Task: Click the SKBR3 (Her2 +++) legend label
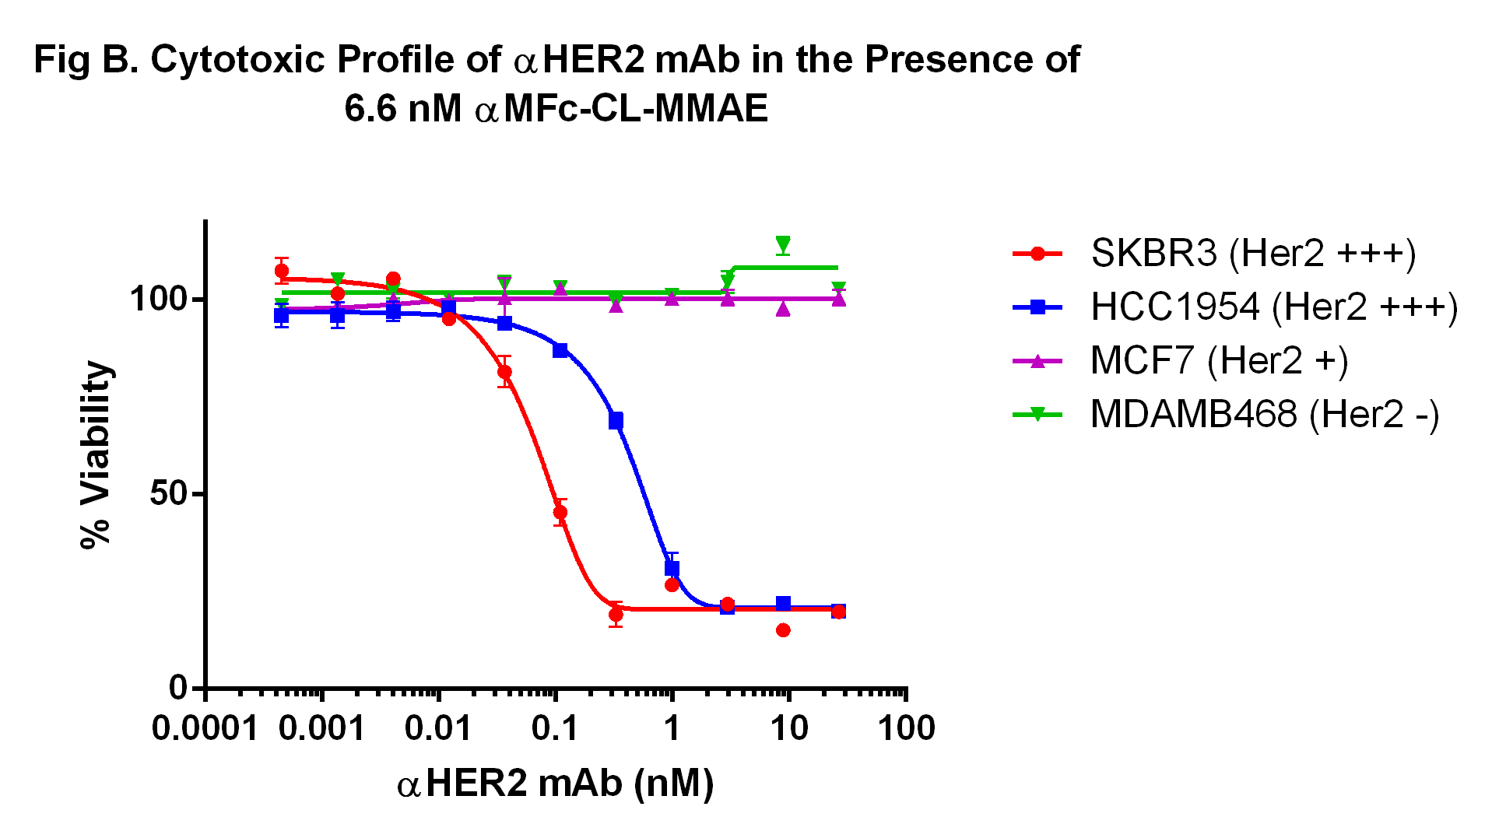[x=1253, y=253]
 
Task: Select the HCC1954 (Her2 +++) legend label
[x=1274, y=307]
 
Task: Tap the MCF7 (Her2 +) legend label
[x=1219, y=360]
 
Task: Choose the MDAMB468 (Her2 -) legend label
[x=1265, y=414]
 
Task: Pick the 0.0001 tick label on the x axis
[x=205, y=729]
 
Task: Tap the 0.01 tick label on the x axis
[x=438, y=729]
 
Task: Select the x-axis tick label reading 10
[x=788, y=729]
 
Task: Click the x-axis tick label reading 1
[x=672, y=729]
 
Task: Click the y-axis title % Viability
[x=97, y=455]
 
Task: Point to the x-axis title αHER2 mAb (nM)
[x=555, y=784]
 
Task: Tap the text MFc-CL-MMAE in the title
[x=635, y=108]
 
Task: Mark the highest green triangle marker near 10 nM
[x=783, y=244]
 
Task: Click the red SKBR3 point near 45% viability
[x=560, y=512]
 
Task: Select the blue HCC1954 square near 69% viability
[x=616, y=421]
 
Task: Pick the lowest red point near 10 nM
[x=783, y=630]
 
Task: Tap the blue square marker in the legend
[x=1037, y=307]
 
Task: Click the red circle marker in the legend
[x=1037, y=253]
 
